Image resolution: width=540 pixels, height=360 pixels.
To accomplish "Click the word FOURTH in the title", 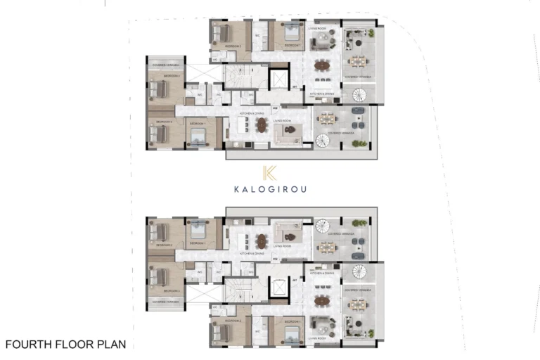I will tap(29, 345).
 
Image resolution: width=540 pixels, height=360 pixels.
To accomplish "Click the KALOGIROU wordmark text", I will tap(270, 188).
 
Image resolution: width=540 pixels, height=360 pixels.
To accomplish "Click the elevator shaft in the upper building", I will tap(279, 79).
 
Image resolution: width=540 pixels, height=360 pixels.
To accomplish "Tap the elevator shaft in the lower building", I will tap(279, 288).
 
